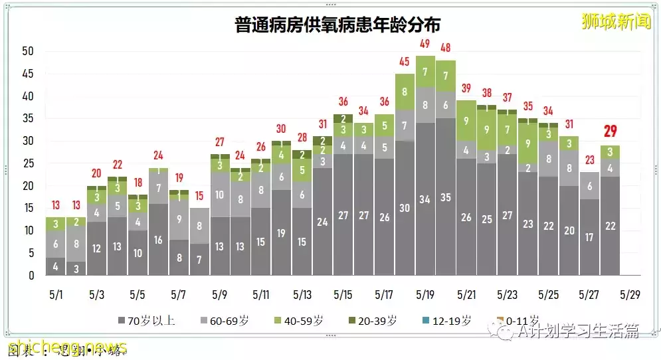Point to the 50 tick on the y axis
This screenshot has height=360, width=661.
[27, 52]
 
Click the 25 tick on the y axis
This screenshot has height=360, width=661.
[27, 163]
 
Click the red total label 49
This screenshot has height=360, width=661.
[425, 44]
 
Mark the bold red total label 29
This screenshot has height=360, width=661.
[610, 130]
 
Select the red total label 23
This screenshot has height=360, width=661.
[589, 159]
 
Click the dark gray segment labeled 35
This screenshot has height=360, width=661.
[446, 197]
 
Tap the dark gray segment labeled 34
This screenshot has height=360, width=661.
[425, 199]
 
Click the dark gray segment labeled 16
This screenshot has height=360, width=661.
[158, 240]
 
